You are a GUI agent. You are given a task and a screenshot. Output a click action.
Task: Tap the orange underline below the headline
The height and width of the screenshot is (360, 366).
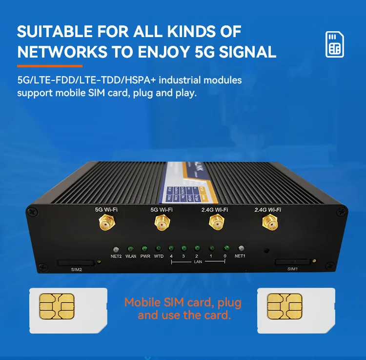point(50,66)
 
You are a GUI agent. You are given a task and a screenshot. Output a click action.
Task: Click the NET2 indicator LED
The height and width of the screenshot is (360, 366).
point(116,248)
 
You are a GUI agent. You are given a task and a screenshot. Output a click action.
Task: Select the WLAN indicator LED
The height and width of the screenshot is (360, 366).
point(131,248)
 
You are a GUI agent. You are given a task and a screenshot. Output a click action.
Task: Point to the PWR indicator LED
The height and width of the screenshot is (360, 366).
point(145,248)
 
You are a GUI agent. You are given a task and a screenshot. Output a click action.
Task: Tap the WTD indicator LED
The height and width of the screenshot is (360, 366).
point(159,248)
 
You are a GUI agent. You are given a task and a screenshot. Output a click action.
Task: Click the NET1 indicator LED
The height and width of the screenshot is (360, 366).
point(240,248)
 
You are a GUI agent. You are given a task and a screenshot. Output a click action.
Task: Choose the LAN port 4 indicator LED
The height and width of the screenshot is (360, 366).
point(171,248)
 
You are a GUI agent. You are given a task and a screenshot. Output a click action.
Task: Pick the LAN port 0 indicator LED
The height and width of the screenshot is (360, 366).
point(226,248)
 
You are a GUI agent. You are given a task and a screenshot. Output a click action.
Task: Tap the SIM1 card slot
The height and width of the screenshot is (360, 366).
point(292,262)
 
